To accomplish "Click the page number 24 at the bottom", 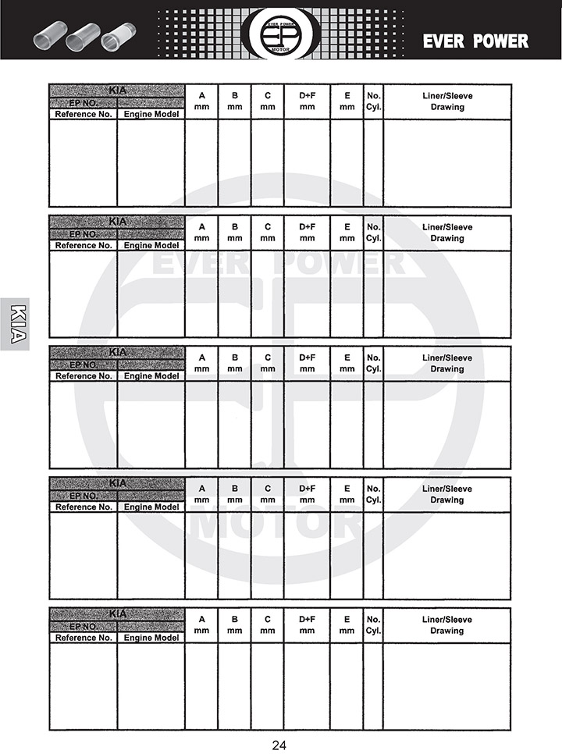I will pos(279,745).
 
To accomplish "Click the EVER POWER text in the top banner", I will pos(475,41).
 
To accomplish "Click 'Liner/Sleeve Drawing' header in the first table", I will pos(447,101).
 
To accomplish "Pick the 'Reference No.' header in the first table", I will pos(84,114).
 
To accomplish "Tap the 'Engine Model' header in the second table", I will pos(151,245).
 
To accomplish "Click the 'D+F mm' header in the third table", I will pos(307,363).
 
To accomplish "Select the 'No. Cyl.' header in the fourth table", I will pos(373,494).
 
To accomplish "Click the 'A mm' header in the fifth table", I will pos(201,624).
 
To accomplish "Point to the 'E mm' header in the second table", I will pos(347,233).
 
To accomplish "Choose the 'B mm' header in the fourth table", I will pos(234,494).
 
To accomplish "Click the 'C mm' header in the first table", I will pos(267,101).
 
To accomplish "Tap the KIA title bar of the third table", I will pos(117,352).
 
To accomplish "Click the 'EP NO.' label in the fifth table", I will pos(84,626).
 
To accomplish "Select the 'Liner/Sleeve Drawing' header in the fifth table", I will pos(447,624).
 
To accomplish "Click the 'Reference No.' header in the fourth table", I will pos(84,507).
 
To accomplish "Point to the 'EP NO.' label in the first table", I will pos(84,102).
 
